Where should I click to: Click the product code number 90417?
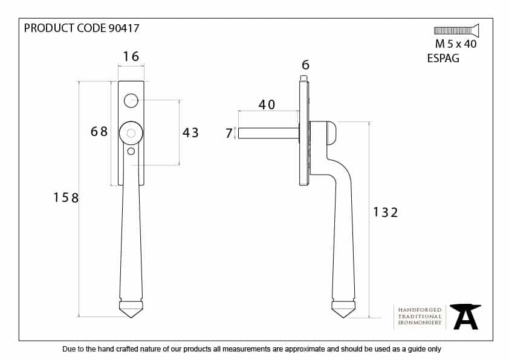tap(124, 28)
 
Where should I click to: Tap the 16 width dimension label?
tap(131, 56)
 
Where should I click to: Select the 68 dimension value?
tap(99, 131)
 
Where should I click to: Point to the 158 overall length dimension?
tap(66, 198)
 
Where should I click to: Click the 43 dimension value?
tap(190, 132)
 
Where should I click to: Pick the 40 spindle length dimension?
tap(267, 104)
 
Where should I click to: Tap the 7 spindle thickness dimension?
tap(229, 133)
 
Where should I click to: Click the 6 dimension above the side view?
tap(305, 65)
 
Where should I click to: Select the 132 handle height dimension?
tap(385, 213)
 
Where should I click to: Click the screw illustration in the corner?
tap(456, 30)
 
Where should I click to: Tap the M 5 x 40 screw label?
tap(456, 43)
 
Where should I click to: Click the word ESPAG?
tap(443, 59)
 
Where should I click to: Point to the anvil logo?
tap(465, 317)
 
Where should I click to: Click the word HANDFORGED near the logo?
tap(420, 310)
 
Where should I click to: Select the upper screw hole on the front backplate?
tap(131, 100)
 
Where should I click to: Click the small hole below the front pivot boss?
tap(131, 151)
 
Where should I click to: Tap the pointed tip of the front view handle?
tap(131, 318)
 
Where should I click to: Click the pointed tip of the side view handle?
tap(343, 318)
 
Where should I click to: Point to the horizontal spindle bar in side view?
tap(268, 133)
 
